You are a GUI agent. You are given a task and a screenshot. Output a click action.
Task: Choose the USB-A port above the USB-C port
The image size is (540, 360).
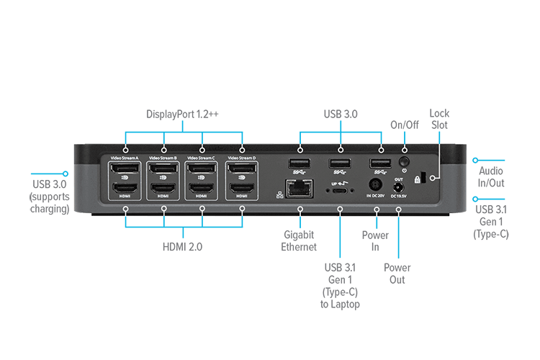340,163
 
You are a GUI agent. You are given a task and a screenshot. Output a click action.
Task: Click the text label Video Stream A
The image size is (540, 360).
125,157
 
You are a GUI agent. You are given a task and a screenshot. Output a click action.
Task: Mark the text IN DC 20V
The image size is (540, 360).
377,196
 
